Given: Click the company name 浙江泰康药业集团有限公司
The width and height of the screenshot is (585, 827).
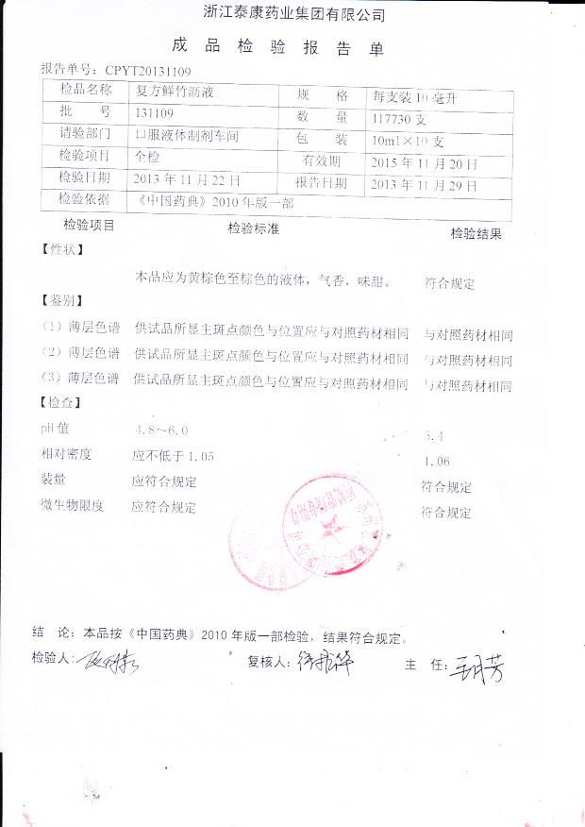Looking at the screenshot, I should point(294,13).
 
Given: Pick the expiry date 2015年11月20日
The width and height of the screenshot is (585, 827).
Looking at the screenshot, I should point(424,163).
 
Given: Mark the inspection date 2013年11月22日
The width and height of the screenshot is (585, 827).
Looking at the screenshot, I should point(187,179).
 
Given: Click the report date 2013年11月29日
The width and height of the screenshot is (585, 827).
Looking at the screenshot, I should point(424,184).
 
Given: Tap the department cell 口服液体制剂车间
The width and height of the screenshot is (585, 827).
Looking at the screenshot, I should point(187,137).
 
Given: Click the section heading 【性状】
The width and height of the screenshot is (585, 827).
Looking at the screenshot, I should point(62,250).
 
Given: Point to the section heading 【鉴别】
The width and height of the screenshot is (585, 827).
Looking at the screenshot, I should point(62,301).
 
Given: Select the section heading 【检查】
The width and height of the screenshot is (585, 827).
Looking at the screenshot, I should point(62,403).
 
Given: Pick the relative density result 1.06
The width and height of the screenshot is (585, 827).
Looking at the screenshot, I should point(438,462).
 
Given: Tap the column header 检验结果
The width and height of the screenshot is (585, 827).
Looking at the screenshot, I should point(476,234).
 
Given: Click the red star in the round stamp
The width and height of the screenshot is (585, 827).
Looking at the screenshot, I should point(329,524).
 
